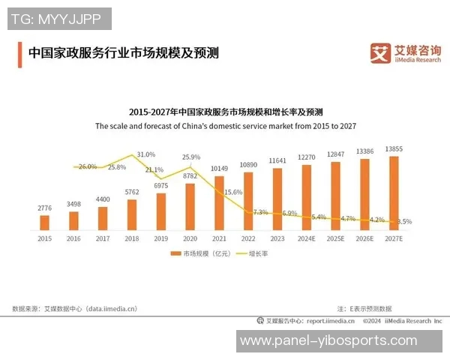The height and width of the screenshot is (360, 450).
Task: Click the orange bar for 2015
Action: (45, 222)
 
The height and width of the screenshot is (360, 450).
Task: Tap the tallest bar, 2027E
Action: (394, 193)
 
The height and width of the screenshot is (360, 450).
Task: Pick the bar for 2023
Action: (277, 199)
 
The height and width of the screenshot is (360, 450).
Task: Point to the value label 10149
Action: (219, 168)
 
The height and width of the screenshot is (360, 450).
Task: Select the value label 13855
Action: (394, 149)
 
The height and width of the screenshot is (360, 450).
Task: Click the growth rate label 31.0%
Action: (146, 154)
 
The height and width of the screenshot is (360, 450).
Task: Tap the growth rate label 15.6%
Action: (233, 192)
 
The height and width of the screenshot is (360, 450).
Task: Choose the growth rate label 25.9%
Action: (190, 157)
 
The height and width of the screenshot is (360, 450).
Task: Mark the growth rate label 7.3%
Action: (260, 212)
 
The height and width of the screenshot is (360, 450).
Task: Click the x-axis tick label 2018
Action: (132, 238)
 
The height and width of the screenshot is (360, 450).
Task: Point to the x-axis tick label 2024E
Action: (307, 238)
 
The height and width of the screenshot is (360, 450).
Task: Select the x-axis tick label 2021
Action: (219, 238)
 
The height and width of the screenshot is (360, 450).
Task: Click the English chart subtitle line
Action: (224, 126)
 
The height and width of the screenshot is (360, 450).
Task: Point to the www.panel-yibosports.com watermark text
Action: (328, 340)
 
